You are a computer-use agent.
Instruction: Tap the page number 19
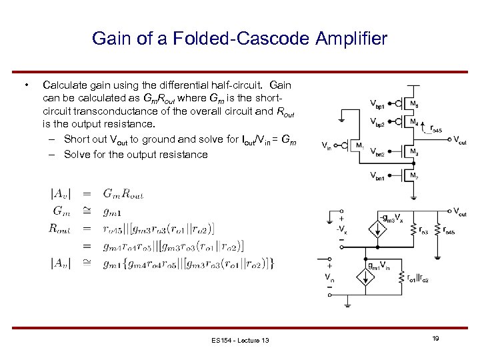(x=435, y=339)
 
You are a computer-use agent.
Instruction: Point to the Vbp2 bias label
(x=377, y=122)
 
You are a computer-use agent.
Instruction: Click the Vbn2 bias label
(x=377, y=152)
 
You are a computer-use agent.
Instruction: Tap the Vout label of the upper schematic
(x=460, y=140)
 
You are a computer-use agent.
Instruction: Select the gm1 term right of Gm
(x=112, y=211)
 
